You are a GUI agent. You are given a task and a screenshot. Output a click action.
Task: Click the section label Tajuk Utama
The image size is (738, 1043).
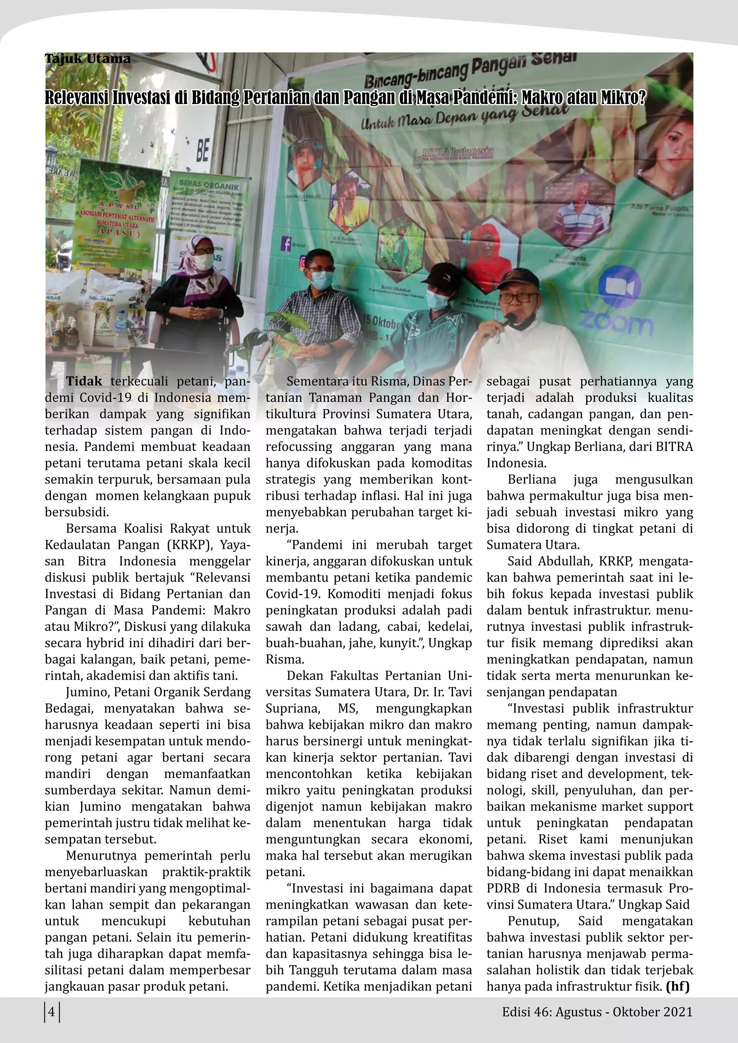[87, 59]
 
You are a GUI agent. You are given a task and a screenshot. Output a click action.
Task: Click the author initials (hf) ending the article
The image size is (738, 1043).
[677, 986]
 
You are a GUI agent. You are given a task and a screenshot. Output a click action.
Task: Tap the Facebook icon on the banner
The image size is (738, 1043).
[286, 244]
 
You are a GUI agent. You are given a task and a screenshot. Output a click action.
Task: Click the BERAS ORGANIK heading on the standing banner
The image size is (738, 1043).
[209, 186]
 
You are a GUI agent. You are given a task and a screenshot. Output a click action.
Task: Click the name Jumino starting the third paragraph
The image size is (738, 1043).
[88, 692]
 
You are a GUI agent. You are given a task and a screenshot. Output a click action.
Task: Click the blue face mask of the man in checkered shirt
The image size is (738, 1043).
[321, 280]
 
